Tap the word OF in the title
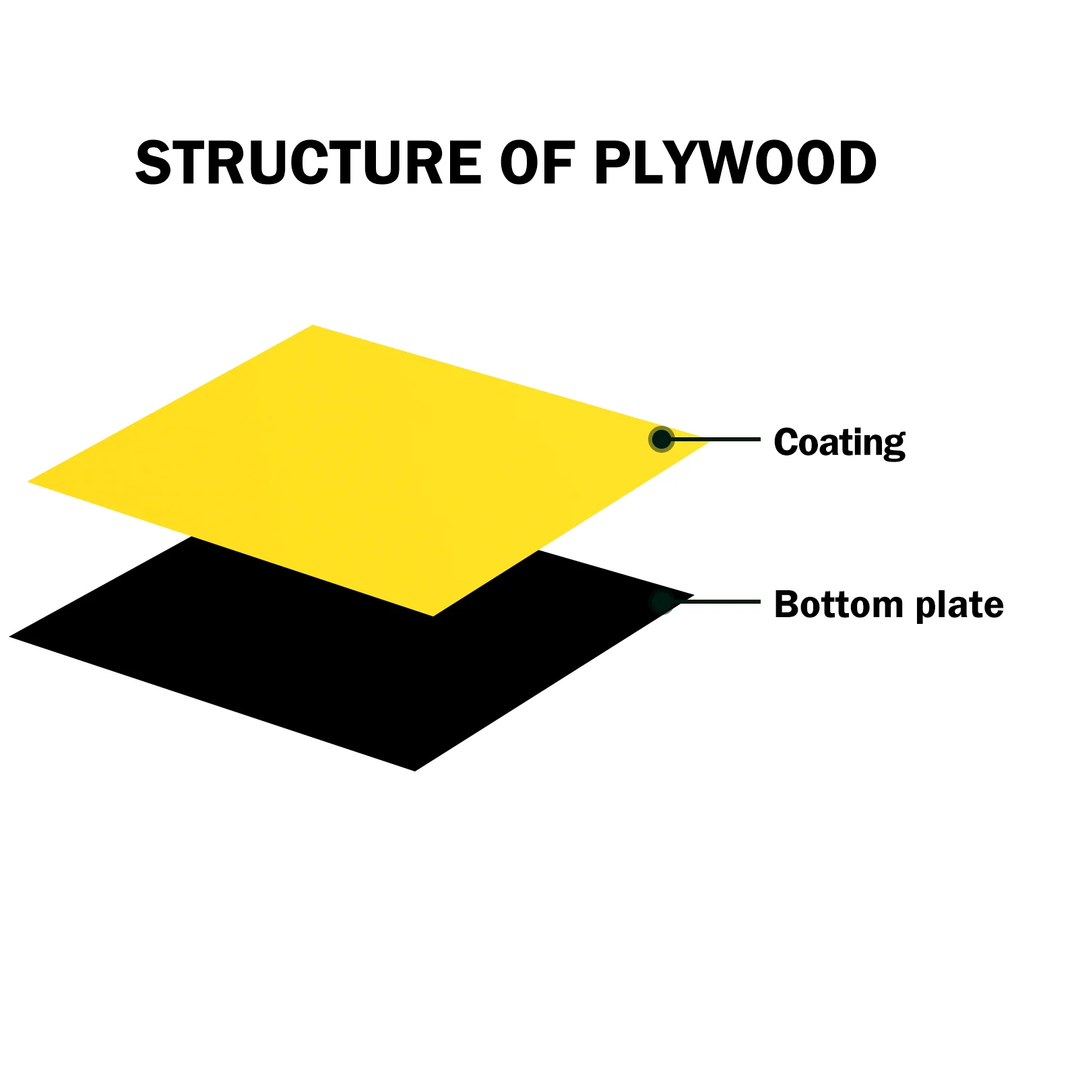tap(536, 163)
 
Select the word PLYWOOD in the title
tap(735, 163)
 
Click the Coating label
tap(839, 442)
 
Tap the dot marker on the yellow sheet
tap(662, 439)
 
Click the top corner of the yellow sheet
tap(313, 326)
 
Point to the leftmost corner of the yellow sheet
tap(29, 482)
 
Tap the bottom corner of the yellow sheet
tap(432, 615)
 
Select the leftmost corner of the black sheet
tap(11, 636)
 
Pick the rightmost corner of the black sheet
tap(692, 596)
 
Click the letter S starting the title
tap(154, 163)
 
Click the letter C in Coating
tap(786, 442)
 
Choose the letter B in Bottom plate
tap(786, 604)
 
